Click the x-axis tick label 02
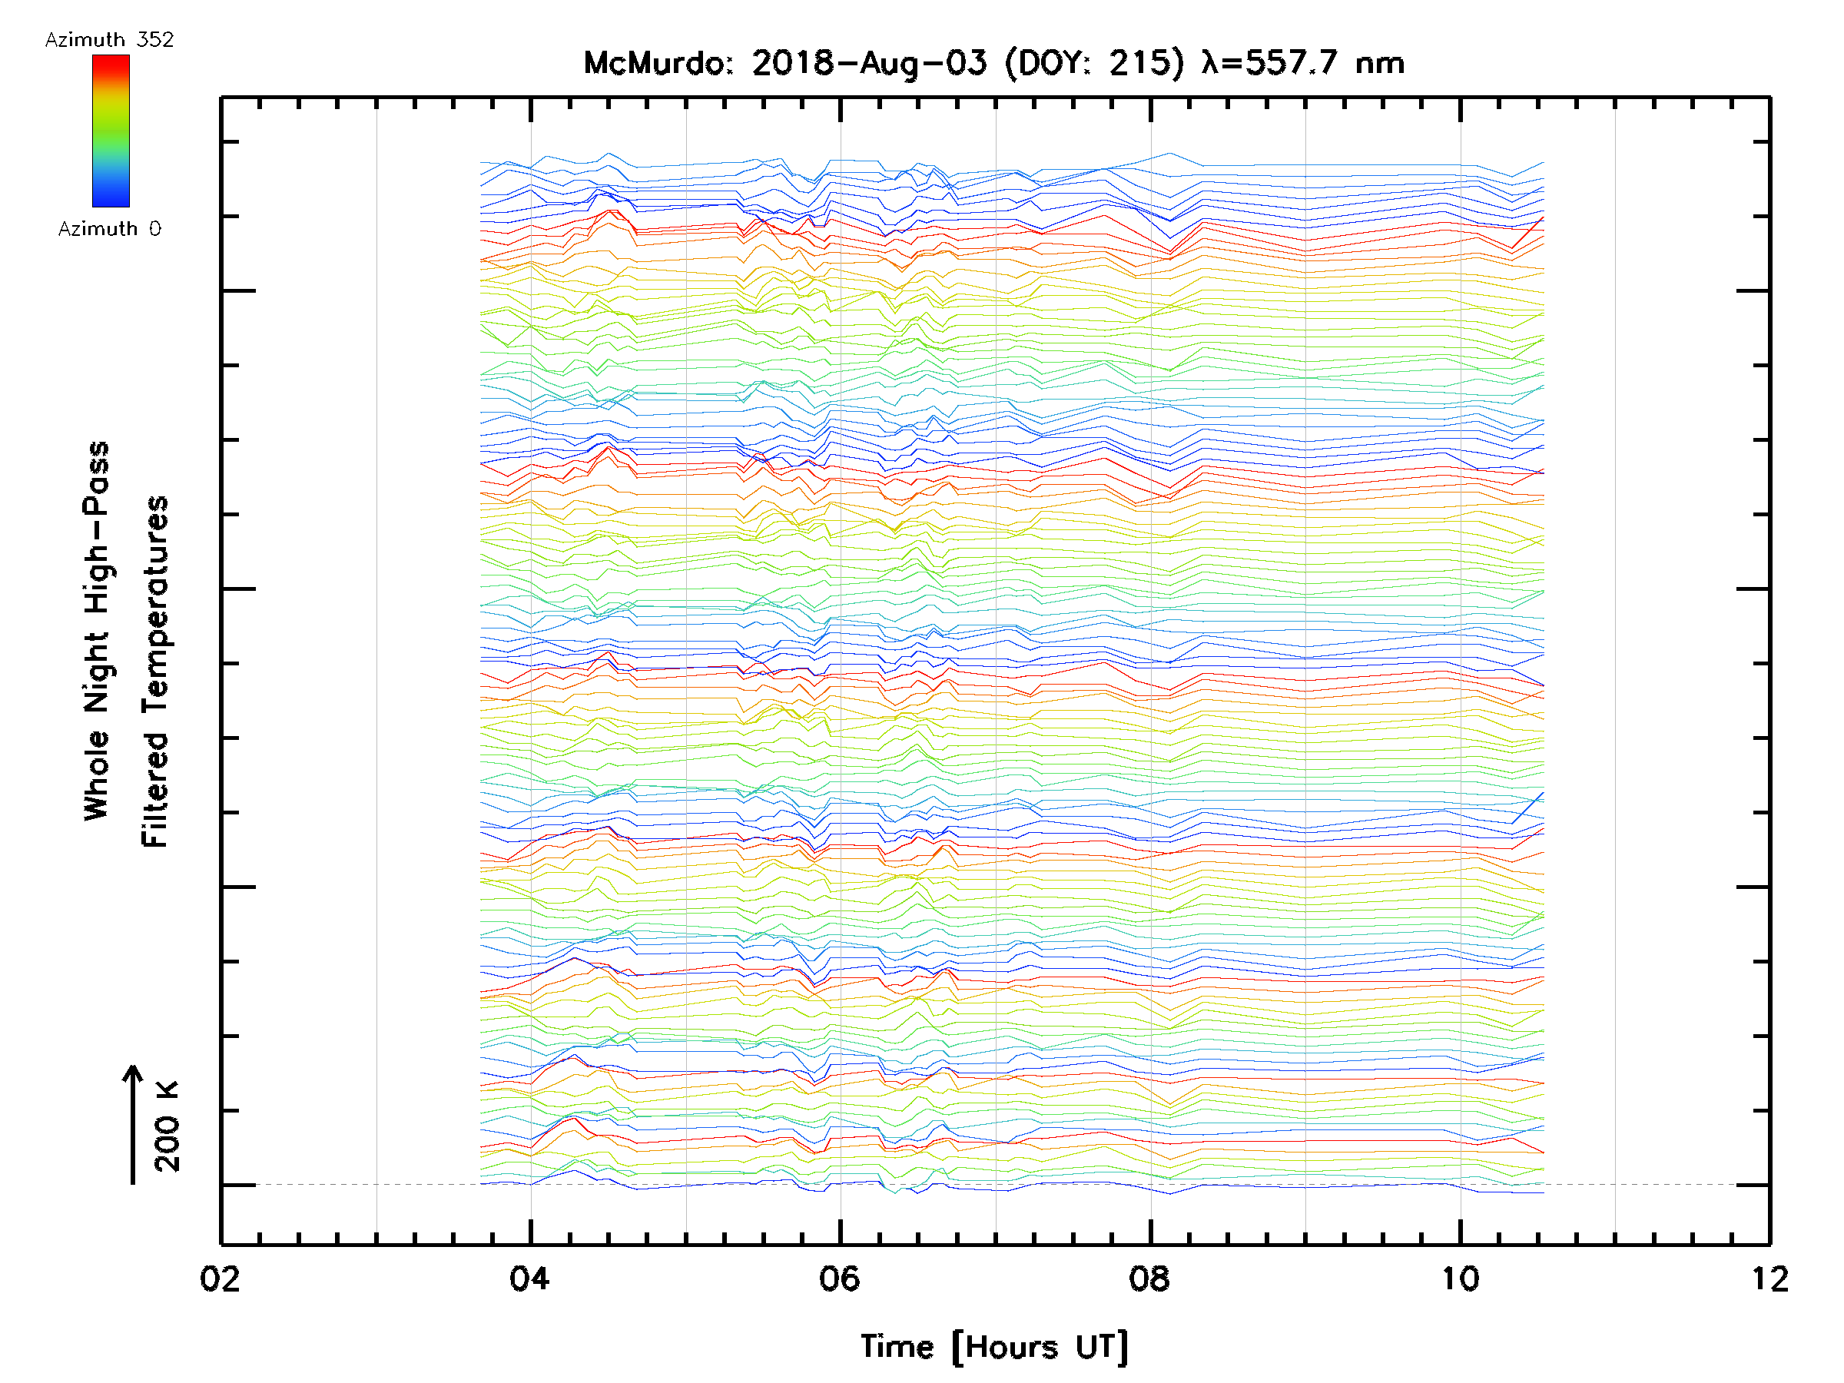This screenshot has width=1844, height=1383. [x=220, y=1279]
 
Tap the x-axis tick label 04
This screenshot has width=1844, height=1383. [x=530, y=1279]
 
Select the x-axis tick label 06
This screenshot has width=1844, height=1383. [x=840, y=1279]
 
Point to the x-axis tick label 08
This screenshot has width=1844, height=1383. [x=1149, y=1279]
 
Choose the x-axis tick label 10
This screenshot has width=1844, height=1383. [x=1460, y=1279]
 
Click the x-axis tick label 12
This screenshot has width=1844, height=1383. [x=1769, y=1279]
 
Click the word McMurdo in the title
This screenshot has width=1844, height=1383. [x=655, y=63]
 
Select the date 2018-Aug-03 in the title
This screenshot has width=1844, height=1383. [x=869, y=63]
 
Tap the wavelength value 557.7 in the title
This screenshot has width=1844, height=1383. [x=1292, y=63]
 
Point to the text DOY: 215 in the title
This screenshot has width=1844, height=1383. [x=1094, y=63]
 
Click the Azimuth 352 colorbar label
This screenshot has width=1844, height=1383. [x=109, y=40]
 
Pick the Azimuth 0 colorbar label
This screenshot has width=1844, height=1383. [x=109, y=228]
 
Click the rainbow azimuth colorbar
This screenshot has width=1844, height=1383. [x=111, y=131]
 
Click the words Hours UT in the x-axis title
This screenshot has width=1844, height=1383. [x=1040, y=1347]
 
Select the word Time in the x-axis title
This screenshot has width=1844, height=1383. [x=897, y=1347]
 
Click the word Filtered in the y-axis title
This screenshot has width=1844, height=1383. [x=156, y=791]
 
